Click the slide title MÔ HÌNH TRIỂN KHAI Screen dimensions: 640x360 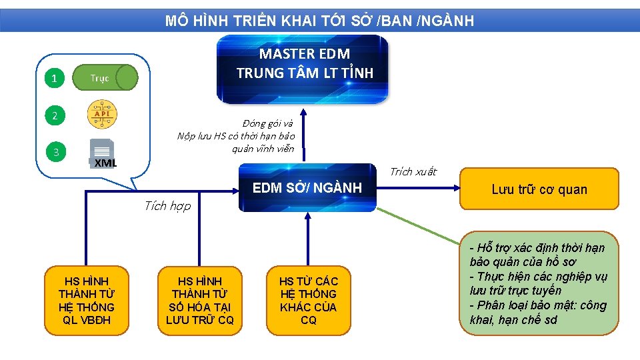(319, 21)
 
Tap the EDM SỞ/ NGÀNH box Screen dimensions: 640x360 (307, 187)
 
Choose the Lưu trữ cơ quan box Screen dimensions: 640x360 (539, 189)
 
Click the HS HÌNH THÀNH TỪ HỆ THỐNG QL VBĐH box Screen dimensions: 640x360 (86, 301)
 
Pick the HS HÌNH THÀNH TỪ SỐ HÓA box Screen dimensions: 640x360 (199, 301)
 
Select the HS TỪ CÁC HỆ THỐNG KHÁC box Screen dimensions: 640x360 (308, 301)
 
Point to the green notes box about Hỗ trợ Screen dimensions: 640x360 (539, 283)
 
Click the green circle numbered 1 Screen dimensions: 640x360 (54, 79)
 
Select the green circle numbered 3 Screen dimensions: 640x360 (56, 153)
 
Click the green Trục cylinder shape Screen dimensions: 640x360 (105, 78)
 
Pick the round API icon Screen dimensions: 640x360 (103, 115)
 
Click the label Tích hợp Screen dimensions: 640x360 (167, 206)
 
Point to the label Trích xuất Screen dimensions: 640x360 (413, 172)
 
